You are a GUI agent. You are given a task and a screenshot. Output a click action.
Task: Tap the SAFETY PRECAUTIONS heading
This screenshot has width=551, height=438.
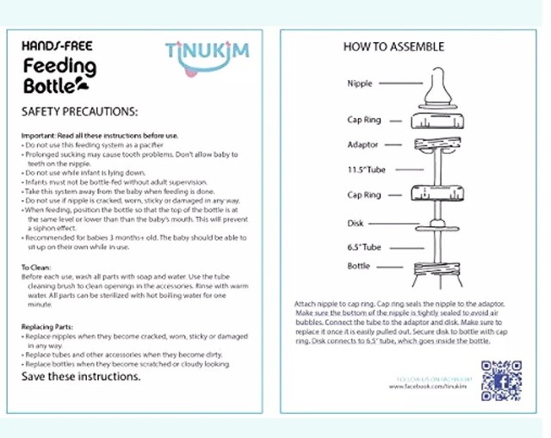[79, 112]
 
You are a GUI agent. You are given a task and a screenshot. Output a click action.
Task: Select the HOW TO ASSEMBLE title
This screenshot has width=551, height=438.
[393, 46]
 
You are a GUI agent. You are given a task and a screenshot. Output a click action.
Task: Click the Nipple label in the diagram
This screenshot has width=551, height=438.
[359, 83]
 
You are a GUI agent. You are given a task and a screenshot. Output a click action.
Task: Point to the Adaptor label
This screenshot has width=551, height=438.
[362, 145]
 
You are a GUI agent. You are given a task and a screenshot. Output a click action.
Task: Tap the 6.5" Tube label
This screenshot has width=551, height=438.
[363, 247]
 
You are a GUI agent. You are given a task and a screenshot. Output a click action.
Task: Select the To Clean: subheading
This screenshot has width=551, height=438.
[39, 267]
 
